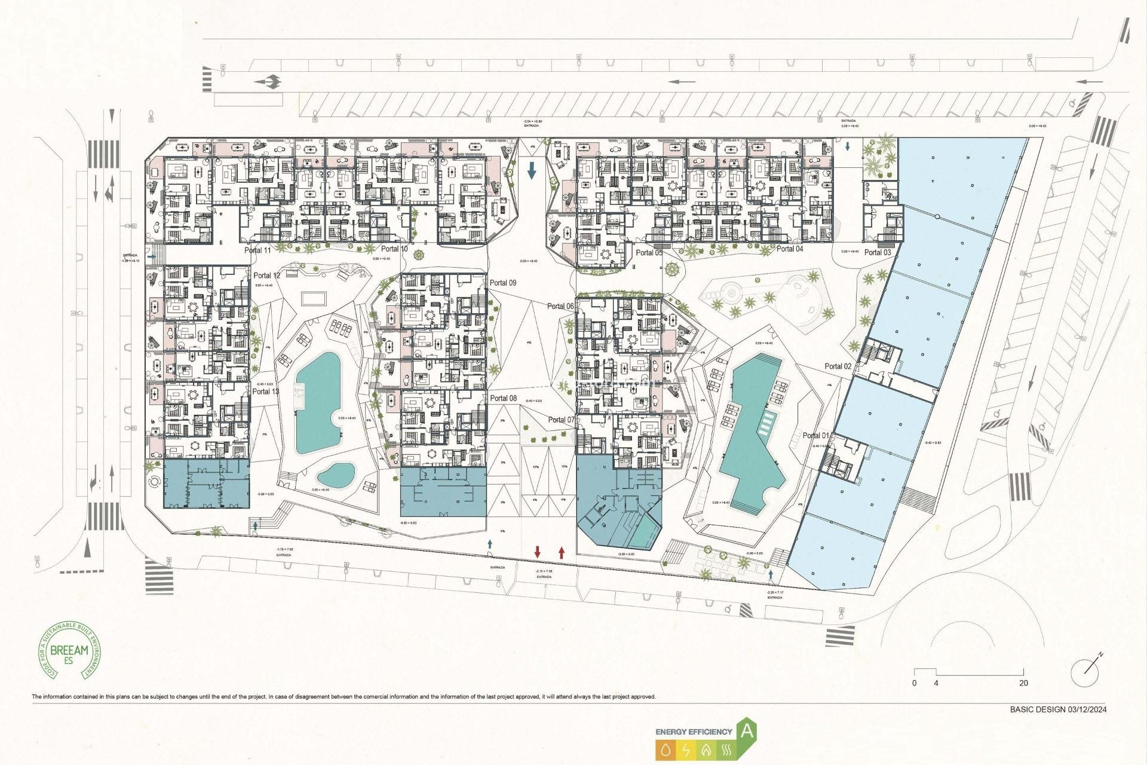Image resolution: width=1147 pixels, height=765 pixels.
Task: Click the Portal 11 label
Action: (x=257, y=250)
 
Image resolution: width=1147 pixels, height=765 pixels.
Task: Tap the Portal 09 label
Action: (x=502, y=283)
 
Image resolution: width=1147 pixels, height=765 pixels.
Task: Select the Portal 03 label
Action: (x=877, y=252)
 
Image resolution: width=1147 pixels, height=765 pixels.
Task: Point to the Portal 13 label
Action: (x=265, y=391)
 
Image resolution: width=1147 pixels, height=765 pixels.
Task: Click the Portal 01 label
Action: (x=815, y=436)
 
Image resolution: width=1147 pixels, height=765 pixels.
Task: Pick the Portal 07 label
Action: (x=561, y=420)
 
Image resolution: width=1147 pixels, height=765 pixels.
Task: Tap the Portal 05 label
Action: (x=649, y=253)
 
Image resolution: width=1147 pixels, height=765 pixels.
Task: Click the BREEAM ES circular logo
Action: (x=70, y=650)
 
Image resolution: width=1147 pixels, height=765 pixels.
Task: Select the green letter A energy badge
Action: (x=747, y=730)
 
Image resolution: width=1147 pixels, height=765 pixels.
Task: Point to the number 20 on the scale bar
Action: (x=1023, y=683)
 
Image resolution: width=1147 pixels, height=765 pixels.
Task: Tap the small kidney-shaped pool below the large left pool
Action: (x=335, y=475)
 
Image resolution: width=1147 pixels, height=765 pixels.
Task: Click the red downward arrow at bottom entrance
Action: (x=537, y=552)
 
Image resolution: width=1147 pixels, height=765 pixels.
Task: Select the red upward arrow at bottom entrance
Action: (x=562, y=552)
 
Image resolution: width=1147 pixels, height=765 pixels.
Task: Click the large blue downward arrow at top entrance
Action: (x=532, y=171)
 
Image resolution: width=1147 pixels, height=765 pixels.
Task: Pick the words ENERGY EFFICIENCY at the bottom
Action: (x=694, y=732)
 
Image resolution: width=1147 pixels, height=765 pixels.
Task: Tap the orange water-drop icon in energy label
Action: (x=665, y=749)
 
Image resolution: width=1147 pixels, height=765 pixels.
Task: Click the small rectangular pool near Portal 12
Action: (x=314, y=298)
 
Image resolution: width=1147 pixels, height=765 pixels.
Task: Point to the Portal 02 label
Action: (x=838, y=366)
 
